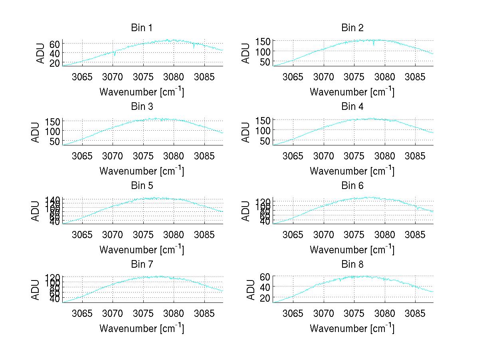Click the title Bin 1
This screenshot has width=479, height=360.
coord(141,28)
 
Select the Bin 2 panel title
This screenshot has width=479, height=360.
coord(352,28)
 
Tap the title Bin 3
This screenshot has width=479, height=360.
coord(141,107)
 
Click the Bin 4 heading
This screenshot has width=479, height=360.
coord(352,107)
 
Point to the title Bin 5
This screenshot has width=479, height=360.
coord(141,185)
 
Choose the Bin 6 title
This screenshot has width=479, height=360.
coord(352,185)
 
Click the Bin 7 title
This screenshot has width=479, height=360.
coord(141,264)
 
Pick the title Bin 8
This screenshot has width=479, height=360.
coord(352,264)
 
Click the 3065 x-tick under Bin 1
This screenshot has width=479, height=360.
coord(82,77)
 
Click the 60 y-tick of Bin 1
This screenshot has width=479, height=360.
coord(55,44)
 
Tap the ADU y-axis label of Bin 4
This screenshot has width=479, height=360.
coord(246,132)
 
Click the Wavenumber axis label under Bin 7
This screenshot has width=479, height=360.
coord(141,328)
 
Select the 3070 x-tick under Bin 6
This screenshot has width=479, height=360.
coord(323,235)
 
